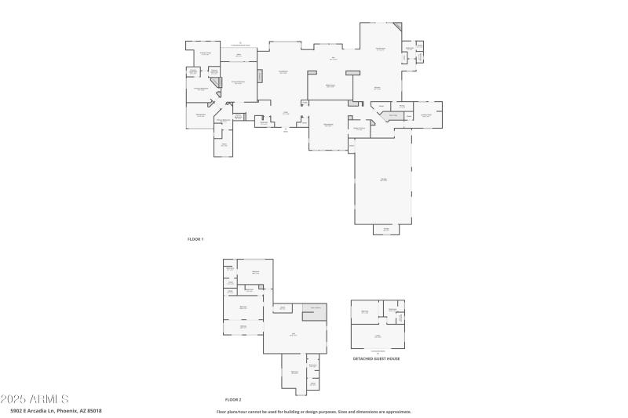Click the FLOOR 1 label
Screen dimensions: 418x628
(195, 238)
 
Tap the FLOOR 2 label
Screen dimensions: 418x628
(233, 399)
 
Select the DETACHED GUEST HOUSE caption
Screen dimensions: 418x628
(377, 358)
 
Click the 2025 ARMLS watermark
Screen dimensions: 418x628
(35, 399)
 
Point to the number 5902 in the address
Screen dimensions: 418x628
(17, 411)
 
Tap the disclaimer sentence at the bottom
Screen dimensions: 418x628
(314, 412)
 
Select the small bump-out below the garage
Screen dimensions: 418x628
(386, 229)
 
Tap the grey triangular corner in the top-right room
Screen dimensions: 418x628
(397, 27)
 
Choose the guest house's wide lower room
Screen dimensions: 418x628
(378, 336)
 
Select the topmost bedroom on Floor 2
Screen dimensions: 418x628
(255, 273)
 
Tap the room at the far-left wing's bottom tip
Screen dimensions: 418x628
(224, 146)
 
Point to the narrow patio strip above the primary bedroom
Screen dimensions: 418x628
(239, 54)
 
